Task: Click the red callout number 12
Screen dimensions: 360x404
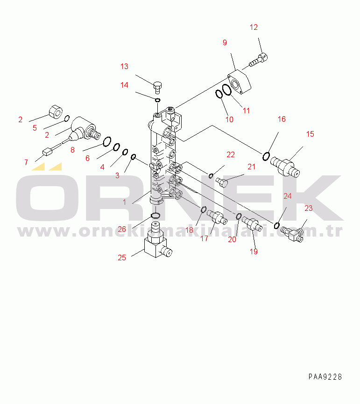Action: (254, 28)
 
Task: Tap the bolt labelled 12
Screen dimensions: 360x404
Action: (258, 60)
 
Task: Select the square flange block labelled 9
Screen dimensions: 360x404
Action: (239, 82)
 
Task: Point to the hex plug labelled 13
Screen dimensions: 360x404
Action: (157, 87)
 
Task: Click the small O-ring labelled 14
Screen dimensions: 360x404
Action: (157, 100)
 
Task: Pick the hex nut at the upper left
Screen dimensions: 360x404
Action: (56, 112)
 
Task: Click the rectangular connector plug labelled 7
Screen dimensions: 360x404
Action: (47, 152)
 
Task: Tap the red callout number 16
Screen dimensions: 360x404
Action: (282, 119)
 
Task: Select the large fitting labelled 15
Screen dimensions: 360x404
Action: (285, 167)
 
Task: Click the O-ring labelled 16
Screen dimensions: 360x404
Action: (266, 156)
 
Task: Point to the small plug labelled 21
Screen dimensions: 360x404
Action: (222, 182)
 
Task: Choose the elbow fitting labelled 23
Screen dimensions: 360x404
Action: (292, 234)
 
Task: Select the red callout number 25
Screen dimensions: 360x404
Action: (122, 258)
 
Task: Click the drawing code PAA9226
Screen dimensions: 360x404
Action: (325, 376)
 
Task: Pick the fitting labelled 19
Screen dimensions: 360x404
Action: (252, 223)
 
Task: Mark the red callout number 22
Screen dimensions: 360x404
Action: (231, 154)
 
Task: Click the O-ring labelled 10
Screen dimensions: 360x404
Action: (219, 94)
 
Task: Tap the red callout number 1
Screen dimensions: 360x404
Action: (124, 202)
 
